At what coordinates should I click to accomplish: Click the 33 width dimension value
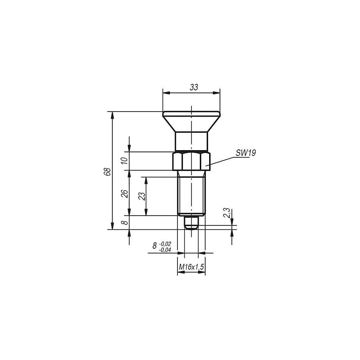[194, 87]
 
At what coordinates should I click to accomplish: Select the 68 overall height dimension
[107, 172]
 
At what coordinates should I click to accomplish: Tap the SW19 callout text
[246, 153]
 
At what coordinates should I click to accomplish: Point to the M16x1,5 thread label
[191, 267]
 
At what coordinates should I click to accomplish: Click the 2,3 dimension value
[226, 213]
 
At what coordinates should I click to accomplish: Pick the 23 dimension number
[142, 196]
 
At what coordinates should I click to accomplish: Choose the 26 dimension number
[124, 194]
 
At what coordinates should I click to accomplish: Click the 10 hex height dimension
[124, 161]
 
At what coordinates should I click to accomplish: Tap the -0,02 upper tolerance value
[165, 244]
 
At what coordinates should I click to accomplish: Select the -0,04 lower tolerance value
[165, 250]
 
